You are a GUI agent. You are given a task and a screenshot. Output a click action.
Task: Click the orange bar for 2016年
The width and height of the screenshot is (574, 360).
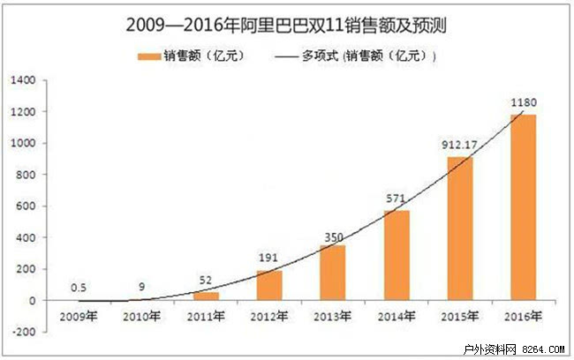tap(523, 207)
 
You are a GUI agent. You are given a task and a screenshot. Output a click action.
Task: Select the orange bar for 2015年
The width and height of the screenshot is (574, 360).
tap(459, 229)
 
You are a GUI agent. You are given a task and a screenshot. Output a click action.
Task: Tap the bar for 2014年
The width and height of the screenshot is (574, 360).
tap(396, 255)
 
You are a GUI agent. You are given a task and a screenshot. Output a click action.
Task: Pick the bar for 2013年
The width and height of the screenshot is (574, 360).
tap(332, 273)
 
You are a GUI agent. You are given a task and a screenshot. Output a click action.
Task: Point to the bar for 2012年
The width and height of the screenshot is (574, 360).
tap(269, 285)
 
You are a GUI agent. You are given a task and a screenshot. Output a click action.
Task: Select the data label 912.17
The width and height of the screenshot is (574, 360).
tap(460, 145)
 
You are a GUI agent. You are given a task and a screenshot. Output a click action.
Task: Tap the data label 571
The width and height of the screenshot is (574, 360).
tap(396, 199)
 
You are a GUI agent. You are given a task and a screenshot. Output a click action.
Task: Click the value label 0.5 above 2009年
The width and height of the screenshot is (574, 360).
tap(79, 287)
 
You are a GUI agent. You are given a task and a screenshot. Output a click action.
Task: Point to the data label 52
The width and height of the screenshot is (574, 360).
tap(206, 280)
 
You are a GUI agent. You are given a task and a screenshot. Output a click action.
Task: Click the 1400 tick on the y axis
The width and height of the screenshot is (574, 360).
tap(23, 80)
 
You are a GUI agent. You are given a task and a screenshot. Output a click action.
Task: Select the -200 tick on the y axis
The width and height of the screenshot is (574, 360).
tap(23, 333)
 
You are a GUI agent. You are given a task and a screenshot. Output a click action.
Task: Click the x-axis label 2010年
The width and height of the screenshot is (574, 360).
tap(142, 317)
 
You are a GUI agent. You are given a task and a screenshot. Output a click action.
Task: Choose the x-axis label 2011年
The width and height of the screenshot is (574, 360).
tap(206, 317)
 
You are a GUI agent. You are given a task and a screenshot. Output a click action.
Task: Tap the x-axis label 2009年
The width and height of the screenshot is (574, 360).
tap(79, 317)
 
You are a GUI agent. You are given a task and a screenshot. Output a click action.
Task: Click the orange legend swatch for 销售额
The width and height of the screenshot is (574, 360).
tap(147, 56)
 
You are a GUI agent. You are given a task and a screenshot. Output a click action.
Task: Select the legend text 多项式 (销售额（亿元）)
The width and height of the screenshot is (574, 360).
tap(370, 56)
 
